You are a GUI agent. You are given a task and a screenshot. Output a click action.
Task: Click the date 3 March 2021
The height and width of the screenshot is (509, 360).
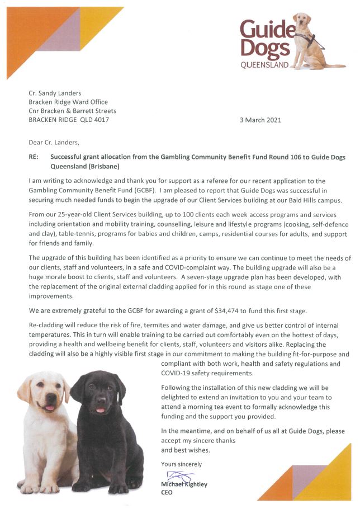(259, 120)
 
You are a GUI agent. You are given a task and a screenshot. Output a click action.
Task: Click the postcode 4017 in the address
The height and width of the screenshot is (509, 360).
(101, 120)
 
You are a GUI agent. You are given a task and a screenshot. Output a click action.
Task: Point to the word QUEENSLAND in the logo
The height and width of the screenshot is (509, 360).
(264, 65)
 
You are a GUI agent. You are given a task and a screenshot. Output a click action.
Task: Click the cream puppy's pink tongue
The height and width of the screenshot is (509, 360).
(49, 408)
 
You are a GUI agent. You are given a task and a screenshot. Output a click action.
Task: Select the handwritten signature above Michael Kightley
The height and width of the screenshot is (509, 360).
(177, 477)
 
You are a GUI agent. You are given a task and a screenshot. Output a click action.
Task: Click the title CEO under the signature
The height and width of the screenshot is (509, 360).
(167, 493)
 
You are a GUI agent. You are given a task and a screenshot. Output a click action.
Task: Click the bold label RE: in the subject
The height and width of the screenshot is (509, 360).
(34, 158)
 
